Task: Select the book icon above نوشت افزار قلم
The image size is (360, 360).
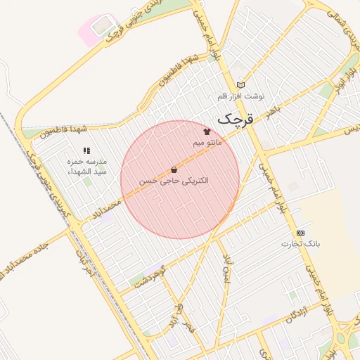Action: tap(241, 84)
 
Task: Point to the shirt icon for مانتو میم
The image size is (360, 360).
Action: tap(207, 131)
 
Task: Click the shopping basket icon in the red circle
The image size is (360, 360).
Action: tap(174, 169)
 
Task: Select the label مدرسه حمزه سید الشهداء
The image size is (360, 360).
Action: tap(86, 166)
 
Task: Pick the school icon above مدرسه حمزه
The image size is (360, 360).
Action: tap(86, 150)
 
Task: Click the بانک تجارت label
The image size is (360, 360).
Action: tap(301, 243)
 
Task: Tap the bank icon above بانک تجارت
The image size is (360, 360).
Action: tap(301, 232)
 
